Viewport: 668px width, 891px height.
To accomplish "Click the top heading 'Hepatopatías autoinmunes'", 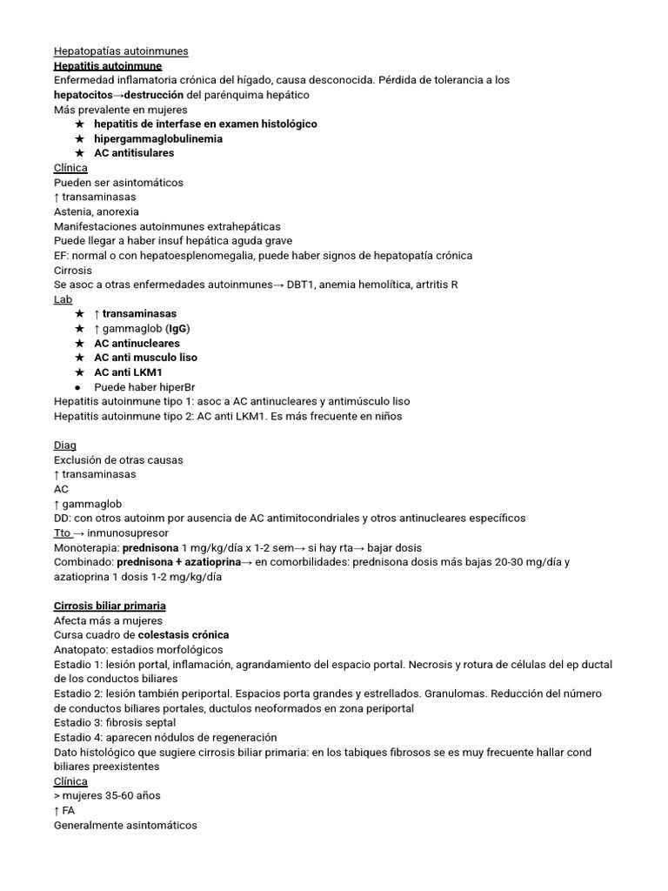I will coord(121,51).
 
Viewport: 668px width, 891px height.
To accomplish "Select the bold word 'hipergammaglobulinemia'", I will coord(158,138).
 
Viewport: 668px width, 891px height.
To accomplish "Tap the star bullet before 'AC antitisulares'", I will coord(79,153).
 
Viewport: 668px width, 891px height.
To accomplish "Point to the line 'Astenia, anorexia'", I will coord(97,211).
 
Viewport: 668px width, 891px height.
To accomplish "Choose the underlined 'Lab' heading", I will coord(63,298).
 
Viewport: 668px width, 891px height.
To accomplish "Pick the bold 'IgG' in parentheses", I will coord(177,328).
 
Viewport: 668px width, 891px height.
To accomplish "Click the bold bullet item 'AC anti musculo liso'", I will coord(145,358).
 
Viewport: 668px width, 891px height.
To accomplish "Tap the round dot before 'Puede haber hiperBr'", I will coord(78,387).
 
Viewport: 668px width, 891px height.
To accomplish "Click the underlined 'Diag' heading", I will coord(65,445).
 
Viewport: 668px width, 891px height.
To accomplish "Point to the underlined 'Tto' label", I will coord(63,533).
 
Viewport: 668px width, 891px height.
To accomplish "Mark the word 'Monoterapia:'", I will coord(86,547).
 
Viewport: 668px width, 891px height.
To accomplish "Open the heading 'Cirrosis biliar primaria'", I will coord(110,606).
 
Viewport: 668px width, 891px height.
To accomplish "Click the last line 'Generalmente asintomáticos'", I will coord(125,825).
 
